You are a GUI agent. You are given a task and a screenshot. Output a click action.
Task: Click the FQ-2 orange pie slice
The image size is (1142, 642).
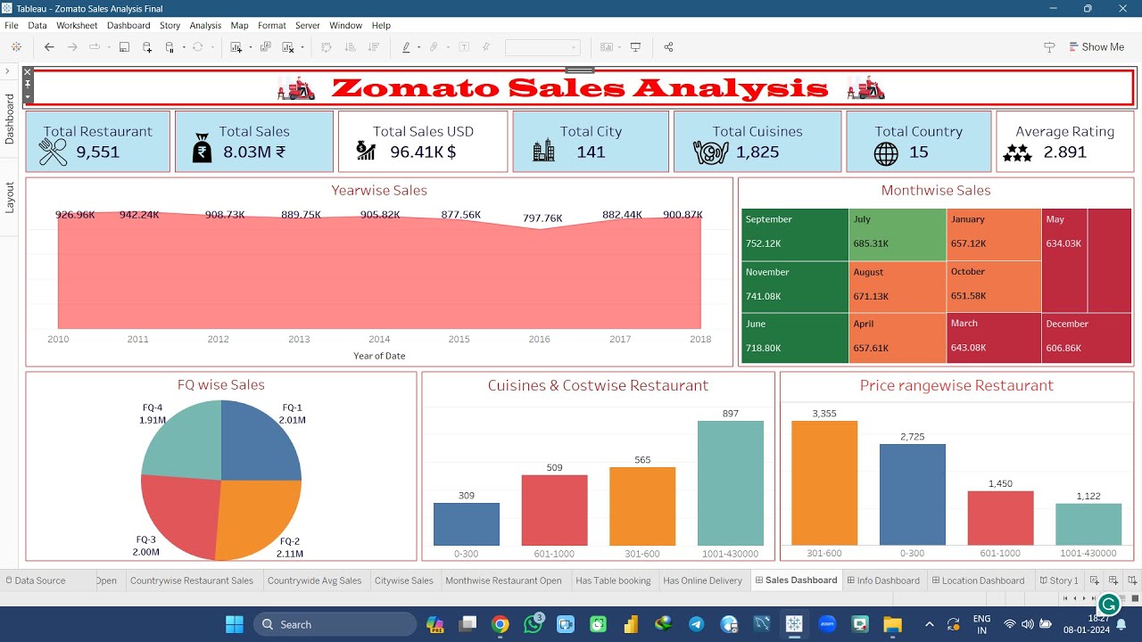(259, 517)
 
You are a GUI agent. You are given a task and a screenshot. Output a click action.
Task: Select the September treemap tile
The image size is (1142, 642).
(794, 233)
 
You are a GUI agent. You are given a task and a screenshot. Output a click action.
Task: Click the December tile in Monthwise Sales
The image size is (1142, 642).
(1086, 337)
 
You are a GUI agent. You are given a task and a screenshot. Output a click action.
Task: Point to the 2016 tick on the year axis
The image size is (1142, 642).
(540, 340)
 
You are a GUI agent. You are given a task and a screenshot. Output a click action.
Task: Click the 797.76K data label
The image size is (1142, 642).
(542, 218)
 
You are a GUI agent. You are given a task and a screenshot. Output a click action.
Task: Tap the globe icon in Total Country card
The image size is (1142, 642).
(886, 153)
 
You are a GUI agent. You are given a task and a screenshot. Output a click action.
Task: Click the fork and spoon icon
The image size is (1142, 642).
(54, 152)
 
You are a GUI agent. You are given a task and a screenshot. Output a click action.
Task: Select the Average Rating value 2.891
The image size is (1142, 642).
(1064, 152)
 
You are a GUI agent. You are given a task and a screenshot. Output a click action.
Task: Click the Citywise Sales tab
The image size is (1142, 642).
(403, 580)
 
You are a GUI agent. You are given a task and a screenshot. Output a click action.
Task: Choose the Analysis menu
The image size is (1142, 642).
(205, 26)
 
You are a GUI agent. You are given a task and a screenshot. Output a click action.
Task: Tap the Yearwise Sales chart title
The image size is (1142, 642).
(379, 191)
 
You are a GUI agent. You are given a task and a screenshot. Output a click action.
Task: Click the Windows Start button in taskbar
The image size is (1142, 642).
(235, 624)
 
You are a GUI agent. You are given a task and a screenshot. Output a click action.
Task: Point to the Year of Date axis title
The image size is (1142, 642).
(379, 356)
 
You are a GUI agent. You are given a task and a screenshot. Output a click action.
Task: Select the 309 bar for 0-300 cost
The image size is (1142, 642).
(467, 524)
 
